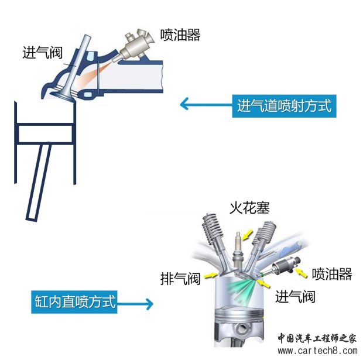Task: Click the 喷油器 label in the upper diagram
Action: pos(180,35)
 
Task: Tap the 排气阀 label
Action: pos(180,278)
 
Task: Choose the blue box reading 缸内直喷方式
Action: pos(73,303)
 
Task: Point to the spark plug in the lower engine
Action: pos(237,249)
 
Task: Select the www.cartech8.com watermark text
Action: pos(317,351)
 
